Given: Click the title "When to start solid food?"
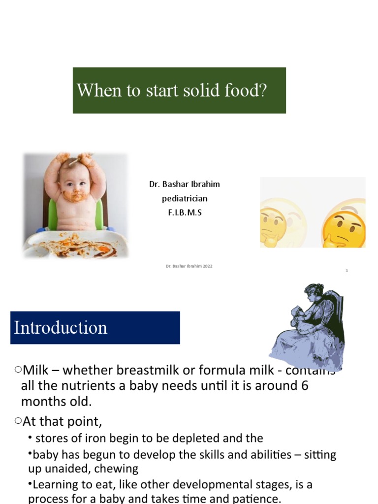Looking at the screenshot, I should click(x=172, y=91).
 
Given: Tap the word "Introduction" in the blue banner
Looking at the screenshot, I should click(x=61, y=328).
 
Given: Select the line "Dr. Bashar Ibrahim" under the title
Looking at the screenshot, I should click(x=185, y=184).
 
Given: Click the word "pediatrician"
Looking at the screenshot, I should click(x=185, y=198).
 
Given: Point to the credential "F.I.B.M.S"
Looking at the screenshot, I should click(x=185, y=213).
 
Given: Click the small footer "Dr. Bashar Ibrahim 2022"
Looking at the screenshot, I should click(x=189, y=266).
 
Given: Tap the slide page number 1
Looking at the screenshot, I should click(x=346, y=271).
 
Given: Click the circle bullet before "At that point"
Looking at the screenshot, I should click(x=18, y=420).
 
